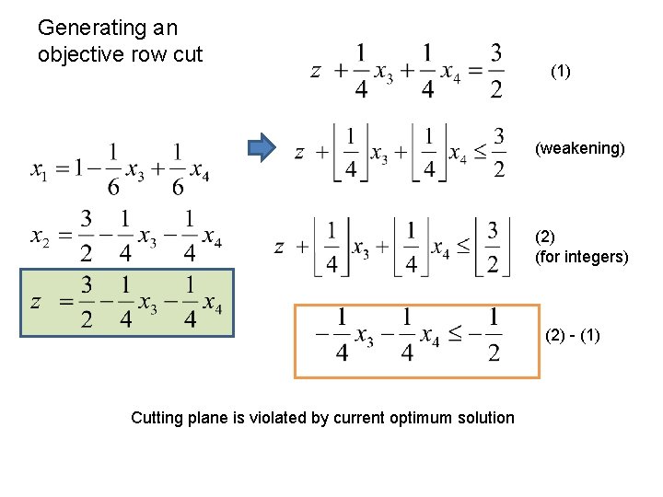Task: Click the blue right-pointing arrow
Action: (262, 148)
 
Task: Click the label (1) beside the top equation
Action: (560, 71)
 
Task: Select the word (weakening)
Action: (580, 148)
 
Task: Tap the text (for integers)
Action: (582, 257)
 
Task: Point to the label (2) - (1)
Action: (573, 336)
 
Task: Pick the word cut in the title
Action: (187, 54)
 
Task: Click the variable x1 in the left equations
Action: (39, 170)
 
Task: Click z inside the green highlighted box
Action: (36, 303)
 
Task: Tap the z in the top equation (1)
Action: (315, 72)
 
